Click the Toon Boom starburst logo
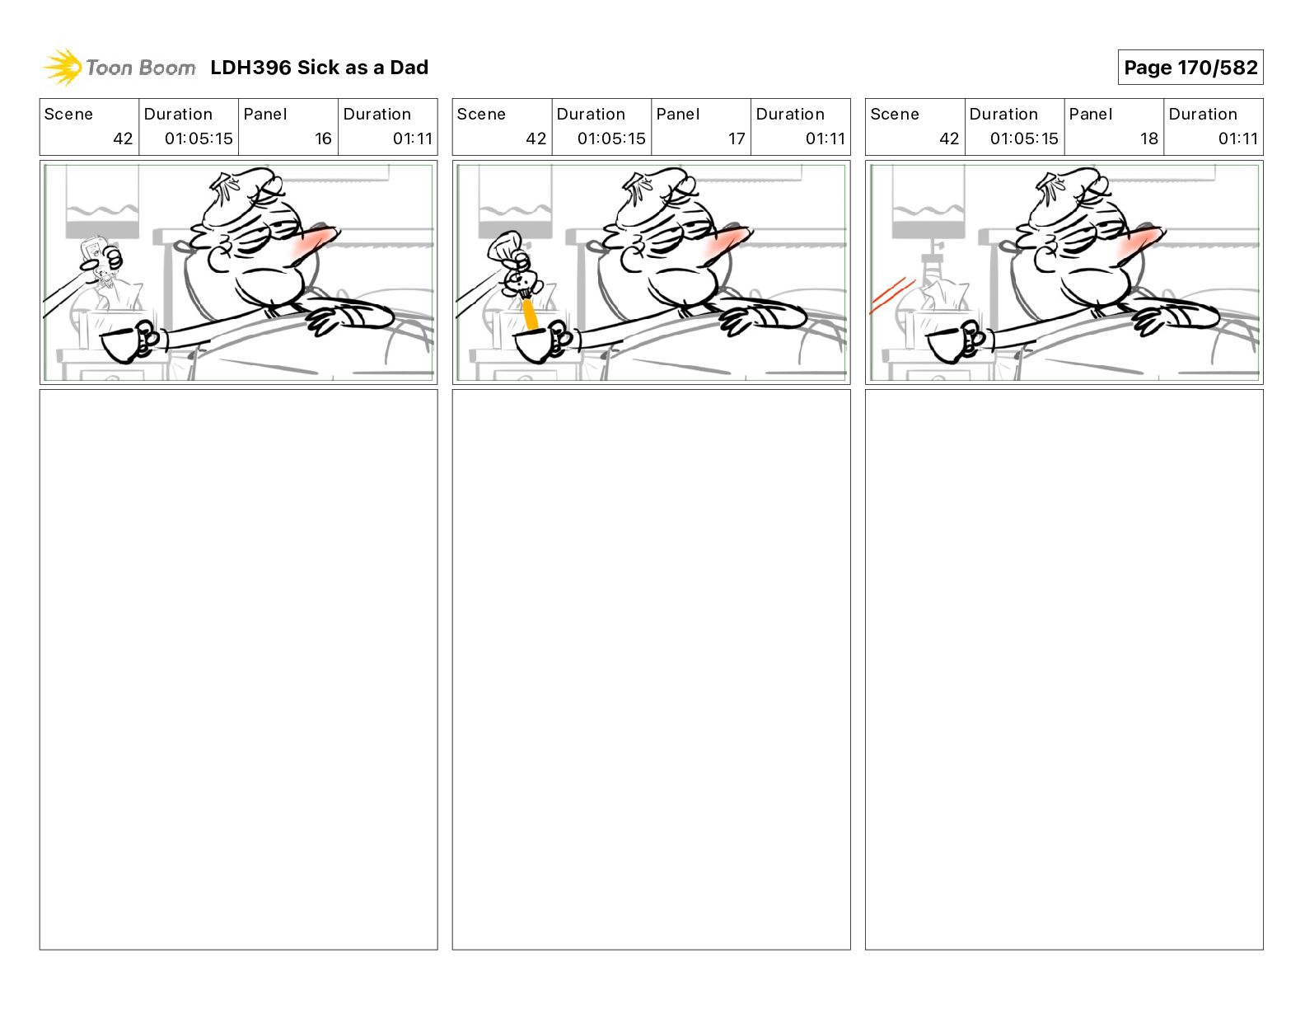(x=62, y=68)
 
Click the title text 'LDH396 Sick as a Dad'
(x=319, y=68)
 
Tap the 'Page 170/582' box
(x=1190, y=68)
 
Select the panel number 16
(x=323, y=138)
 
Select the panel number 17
(x=737, y=138)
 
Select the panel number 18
(x=1148, y=138)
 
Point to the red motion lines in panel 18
(x=891, y=296)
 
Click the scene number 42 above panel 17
(x=536, y=138)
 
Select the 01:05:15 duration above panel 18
(x=1024, y=138)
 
